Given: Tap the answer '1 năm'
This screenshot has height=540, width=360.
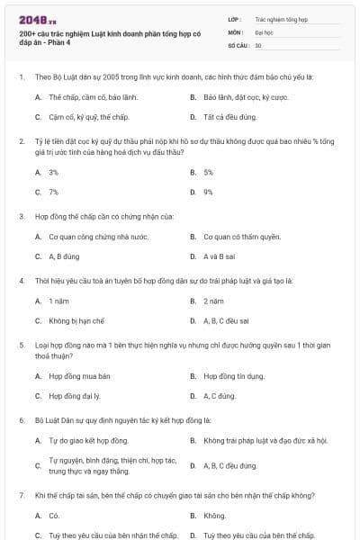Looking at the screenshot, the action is (58, 301).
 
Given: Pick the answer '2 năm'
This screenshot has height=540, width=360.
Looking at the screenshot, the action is (213, 301).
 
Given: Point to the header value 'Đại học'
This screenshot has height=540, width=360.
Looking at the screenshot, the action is (264, 31).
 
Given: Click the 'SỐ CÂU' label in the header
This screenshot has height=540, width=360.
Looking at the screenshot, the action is (238, 45).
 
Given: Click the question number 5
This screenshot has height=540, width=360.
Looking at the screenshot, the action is (21, 345).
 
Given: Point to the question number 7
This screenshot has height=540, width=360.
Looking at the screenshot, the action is (21, 496).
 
